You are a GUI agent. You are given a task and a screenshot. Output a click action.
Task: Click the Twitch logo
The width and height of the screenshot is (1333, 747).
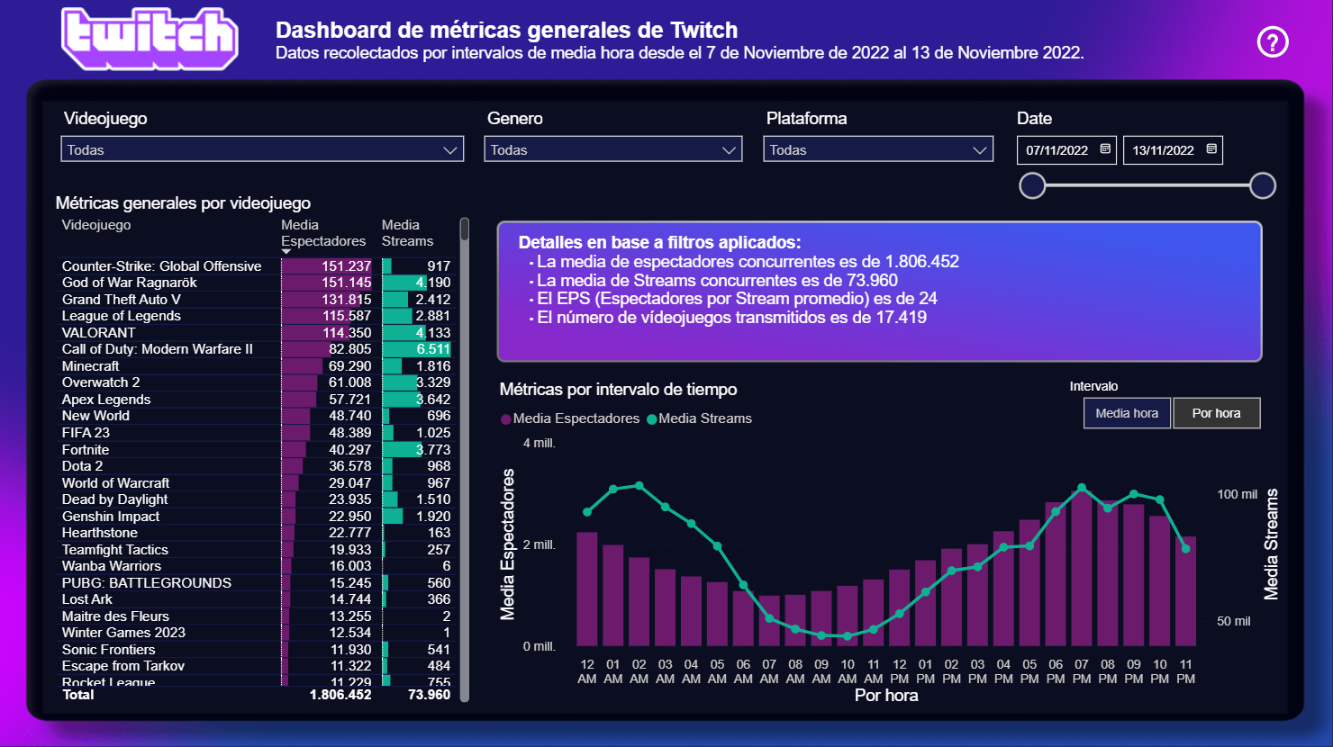[x=150, y=40]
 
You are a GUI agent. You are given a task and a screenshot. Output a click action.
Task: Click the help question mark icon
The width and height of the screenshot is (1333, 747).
[x=1273, y=41]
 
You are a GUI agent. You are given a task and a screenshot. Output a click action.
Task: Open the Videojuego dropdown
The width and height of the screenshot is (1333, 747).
[x=262, y=149]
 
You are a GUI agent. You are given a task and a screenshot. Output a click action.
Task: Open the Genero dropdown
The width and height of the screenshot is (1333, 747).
[x=613, y=149]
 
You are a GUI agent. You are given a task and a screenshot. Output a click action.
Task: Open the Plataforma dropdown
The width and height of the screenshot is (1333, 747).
[x=878, y=149]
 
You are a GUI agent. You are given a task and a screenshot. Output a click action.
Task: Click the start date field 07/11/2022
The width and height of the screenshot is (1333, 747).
[x=1065, y=150]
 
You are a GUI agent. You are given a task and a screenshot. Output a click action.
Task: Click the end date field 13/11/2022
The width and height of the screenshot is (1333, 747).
[x=1172, y=150]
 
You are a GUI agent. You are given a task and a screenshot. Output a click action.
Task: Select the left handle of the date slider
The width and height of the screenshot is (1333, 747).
[x=1032, y=185]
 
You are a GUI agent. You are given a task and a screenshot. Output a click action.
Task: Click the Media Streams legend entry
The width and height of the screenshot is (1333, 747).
[x=704, y=418]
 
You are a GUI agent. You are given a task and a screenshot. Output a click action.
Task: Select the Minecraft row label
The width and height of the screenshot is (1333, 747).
[x=90, y=366]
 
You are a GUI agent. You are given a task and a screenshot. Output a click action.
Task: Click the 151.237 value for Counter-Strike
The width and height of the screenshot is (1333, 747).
[x=346, y=266]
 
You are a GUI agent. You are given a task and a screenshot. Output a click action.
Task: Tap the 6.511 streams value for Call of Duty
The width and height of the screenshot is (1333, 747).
[x=432, y=349]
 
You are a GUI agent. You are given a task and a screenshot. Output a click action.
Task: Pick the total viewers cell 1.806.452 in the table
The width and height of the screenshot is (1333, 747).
[x=340, y=695]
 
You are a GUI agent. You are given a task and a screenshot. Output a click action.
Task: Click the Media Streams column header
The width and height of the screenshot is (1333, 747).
[x=407, y=233]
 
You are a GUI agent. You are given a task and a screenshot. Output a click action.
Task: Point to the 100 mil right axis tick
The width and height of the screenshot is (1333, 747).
[x=1237, y=494]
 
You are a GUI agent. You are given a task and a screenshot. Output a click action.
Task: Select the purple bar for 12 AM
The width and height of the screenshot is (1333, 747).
[x=587, y=589]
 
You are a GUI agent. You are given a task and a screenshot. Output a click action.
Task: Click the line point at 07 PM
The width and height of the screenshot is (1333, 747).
[x=1082, y=488]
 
